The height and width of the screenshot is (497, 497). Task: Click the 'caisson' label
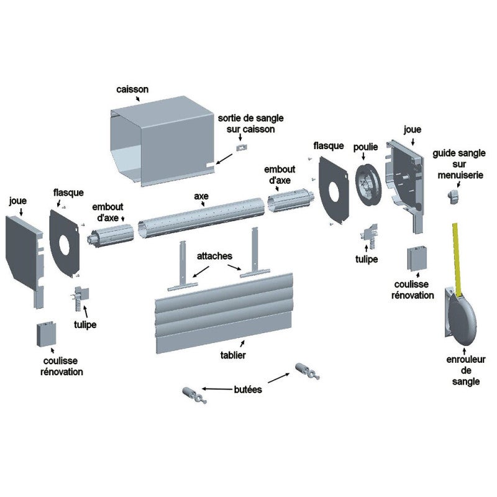[132, 89]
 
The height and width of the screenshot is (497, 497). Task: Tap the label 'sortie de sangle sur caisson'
[246, 124]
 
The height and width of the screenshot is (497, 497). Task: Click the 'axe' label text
[201, 196]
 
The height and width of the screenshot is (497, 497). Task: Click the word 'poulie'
[366, 147]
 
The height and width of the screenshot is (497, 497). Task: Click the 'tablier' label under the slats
[232, 355]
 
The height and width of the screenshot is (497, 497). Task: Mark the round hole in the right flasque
[334, 191]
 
